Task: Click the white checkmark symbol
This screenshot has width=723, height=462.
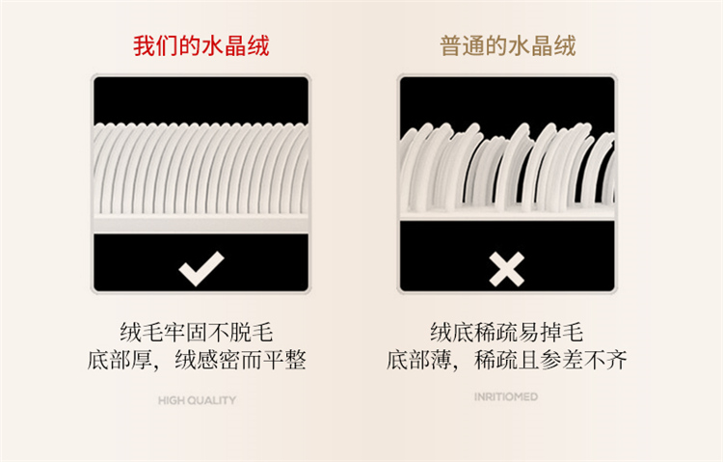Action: tap(201, 268)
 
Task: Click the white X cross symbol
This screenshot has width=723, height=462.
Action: tap(506, 269)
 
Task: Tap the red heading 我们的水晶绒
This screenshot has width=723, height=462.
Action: tap(201, 45)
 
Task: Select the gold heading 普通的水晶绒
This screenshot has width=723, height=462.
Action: tap(508, 45)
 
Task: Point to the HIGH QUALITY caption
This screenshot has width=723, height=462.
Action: tap(197, 400)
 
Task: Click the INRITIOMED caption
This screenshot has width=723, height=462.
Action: tap(506, 396)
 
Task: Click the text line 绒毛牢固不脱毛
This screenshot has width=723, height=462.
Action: tap(197, 333)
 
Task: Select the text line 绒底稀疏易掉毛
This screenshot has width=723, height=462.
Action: tap(507, 333)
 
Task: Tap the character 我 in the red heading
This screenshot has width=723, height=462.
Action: tap(145, 45)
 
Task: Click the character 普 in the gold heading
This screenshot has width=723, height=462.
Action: tap(451, 45)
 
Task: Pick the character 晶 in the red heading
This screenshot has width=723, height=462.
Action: tap(235, 45)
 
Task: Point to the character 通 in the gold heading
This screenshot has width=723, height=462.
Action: tap(473, 45)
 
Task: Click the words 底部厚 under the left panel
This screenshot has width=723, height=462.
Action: tap(120, 360)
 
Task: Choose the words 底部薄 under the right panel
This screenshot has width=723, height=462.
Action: tap(418, 360)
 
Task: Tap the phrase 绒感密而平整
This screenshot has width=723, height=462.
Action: tap(240, 360)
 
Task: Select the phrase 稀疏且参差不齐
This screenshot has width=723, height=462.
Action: tap(550, 360)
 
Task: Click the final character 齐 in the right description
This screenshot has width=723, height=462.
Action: tap(617, 360)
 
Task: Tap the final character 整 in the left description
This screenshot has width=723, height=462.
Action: tap(296, 360)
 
